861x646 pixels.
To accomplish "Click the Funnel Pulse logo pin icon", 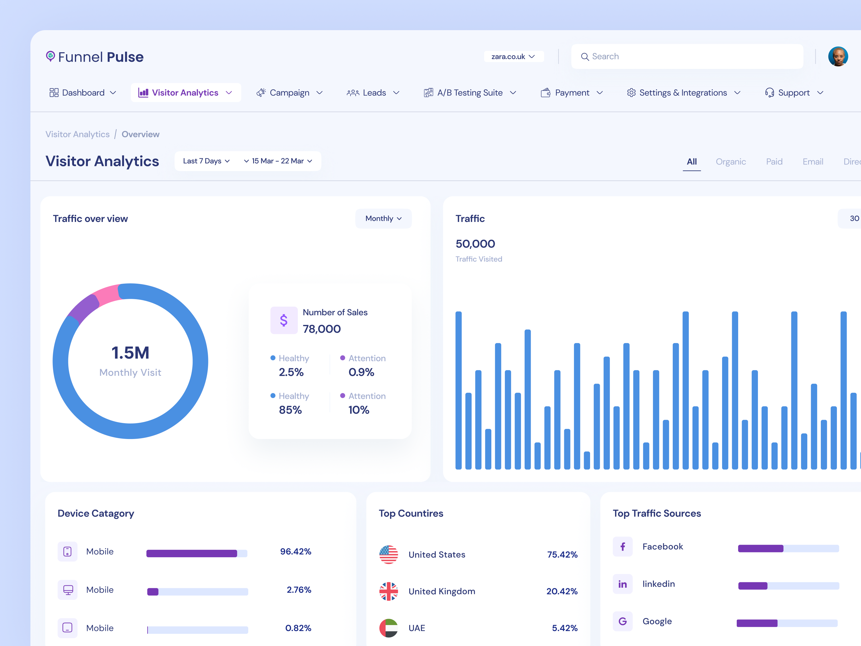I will (x=50, y=56).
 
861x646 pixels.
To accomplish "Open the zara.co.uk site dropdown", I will (x=513, y=57).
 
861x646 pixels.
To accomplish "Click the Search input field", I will (x=693, y=57).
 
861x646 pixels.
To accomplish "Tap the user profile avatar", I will (x=838, y=57).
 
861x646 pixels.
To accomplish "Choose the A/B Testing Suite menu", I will (x=470, y=93).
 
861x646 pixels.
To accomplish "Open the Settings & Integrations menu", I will (x=683, y=93).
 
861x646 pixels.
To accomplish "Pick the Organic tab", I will (x=731, y=162).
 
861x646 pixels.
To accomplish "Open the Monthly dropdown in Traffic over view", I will (x=383, y=218).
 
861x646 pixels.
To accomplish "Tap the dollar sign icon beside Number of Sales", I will (x=284, y=320).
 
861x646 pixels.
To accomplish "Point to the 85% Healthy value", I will (x=290, y=410).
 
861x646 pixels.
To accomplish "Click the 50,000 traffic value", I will (x=475, y=244).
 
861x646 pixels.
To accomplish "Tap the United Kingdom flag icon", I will (x=389, y=591).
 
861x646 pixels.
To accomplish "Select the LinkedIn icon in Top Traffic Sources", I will (x=623, y=584).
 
